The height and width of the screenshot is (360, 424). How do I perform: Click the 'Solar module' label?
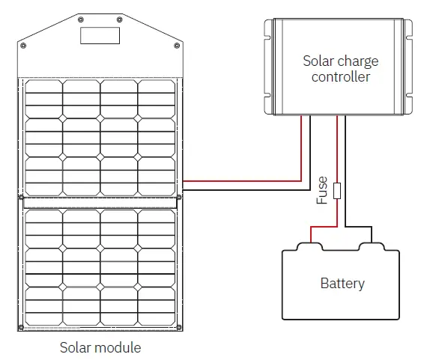(x=100, y=347)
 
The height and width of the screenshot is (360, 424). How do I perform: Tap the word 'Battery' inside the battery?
(x=342, y=283)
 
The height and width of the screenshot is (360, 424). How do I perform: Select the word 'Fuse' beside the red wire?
(x=322, y=190)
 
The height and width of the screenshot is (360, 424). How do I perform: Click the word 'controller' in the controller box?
(x=341, y=76)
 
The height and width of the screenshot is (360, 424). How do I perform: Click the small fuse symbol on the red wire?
(x=338, y=190)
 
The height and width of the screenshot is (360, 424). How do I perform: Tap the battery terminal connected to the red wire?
(x=306, y=245)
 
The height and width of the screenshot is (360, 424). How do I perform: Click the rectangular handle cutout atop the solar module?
(x=100, y=36)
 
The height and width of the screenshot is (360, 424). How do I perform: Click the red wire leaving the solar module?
(x=240, y=180)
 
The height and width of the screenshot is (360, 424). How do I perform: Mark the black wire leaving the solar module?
(x=240, y=189)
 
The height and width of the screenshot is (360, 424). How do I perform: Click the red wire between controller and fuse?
(x=338, y=150)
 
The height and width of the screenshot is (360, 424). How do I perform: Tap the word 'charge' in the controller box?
(x=360, y=60)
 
